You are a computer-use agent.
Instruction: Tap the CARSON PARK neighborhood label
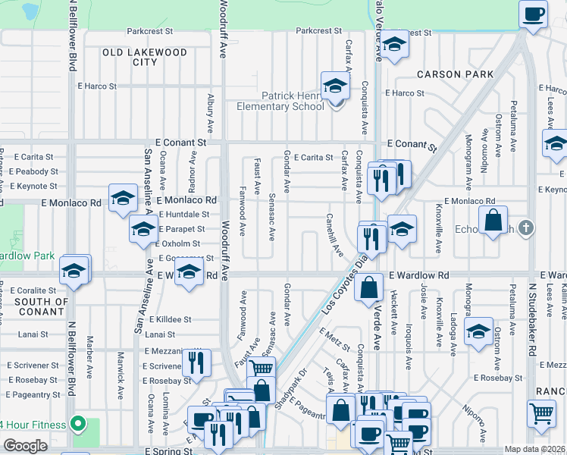[x=455, y=74]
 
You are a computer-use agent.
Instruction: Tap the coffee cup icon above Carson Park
[x=533, y=14]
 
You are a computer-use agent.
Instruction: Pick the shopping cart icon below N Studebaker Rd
[x=542, y=413]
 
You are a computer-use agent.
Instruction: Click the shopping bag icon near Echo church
[x=493, y=221]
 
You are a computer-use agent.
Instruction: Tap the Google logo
[x=25, y=446]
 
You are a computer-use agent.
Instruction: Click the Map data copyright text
[x=535, y=449]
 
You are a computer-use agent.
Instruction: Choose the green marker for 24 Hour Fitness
[x=77, y=422]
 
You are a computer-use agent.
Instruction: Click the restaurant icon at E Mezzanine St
[x=198, y=362]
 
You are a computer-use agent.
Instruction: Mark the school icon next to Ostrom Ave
[x=478, y=332]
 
